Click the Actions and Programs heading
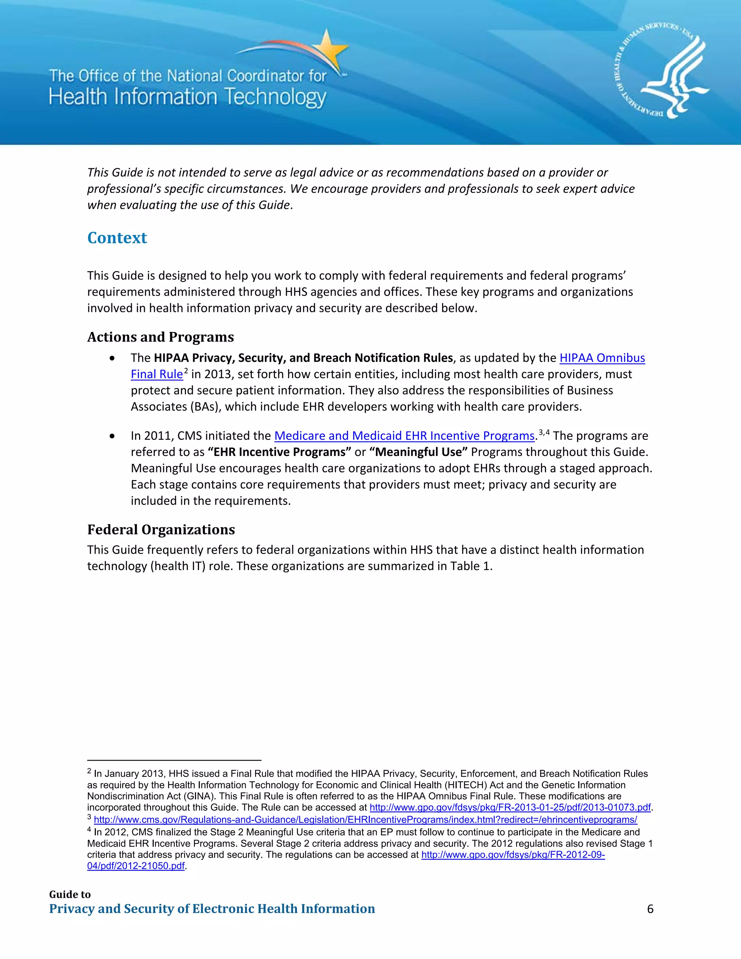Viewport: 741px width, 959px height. (x=161, y=337)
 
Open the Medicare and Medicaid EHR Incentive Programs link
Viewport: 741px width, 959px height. (x=404, y=436)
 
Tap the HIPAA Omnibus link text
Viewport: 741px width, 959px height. (x=602, y=358)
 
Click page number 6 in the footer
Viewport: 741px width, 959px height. (x=650, y=908)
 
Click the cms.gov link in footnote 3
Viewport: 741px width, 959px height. (x=365, y=819)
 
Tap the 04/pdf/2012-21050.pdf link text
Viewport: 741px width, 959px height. (x=136, y=866)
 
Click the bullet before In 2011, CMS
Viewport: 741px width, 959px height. (x=113, y=436)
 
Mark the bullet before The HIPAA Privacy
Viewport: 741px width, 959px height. (x=113, y=358)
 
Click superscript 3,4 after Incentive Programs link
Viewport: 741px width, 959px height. (x=544, y=432)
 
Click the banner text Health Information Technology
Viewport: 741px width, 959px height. (x=187, y=97)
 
